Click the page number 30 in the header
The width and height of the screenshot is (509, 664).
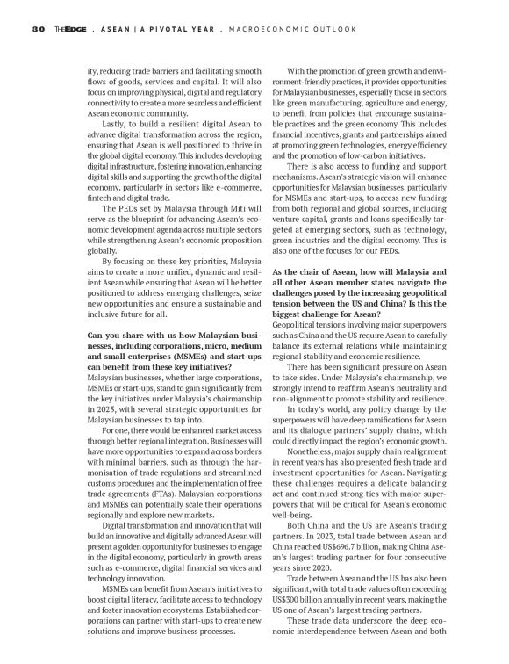click(x=38, y=29)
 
